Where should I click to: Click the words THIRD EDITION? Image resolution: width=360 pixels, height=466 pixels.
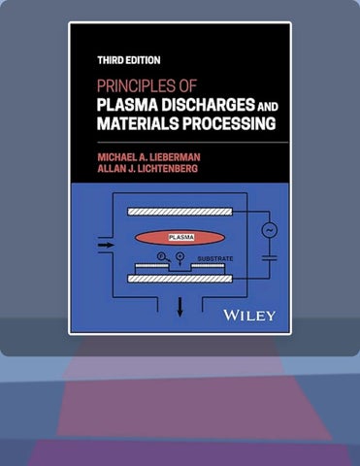click(129, 60)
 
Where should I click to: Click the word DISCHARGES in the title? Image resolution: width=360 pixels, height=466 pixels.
click(208, 105)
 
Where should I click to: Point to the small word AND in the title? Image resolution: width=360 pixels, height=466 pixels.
click(267, 107)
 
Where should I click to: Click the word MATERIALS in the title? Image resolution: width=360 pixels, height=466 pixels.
click(138, 123)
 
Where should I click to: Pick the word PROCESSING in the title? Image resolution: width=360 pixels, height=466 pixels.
click(229, 123)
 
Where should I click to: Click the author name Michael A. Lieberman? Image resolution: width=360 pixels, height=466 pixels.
click(148, 157)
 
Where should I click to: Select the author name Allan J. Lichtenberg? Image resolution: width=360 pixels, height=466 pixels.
click(147, 169)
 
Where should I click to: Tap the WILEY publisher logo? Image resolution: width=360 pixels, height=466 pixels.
click(249, 316)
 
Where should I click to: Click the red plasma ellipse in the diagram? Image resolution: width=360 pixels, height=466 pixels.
click(180, 238)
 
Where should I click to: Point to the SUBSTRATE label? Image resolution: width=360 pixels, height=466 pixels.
click(215, 258)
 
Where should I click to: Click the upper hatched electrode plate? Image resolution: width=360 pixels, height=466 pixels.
click(180, 212)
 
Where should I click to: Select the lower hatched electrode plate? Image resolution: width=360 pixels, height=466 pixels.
click(180, 279)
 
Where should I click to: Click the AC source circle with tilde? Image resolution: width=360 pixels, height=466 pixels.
click(270, 230)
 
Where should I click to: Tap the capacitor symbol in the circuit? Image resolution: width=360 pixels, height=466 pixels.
click(270, 258)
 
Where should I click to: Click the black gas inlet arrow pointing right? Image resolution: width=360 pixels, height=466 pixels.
click(106, 245)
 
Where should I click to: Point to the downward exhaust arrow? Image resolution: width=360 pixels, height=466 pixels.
click(180, 307)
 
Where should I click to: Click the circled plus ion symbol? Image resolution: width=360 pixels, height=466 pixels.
click(180, 256)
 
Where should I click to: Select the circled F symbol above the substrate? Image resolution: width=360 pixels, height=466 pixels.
click(161, 257)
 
